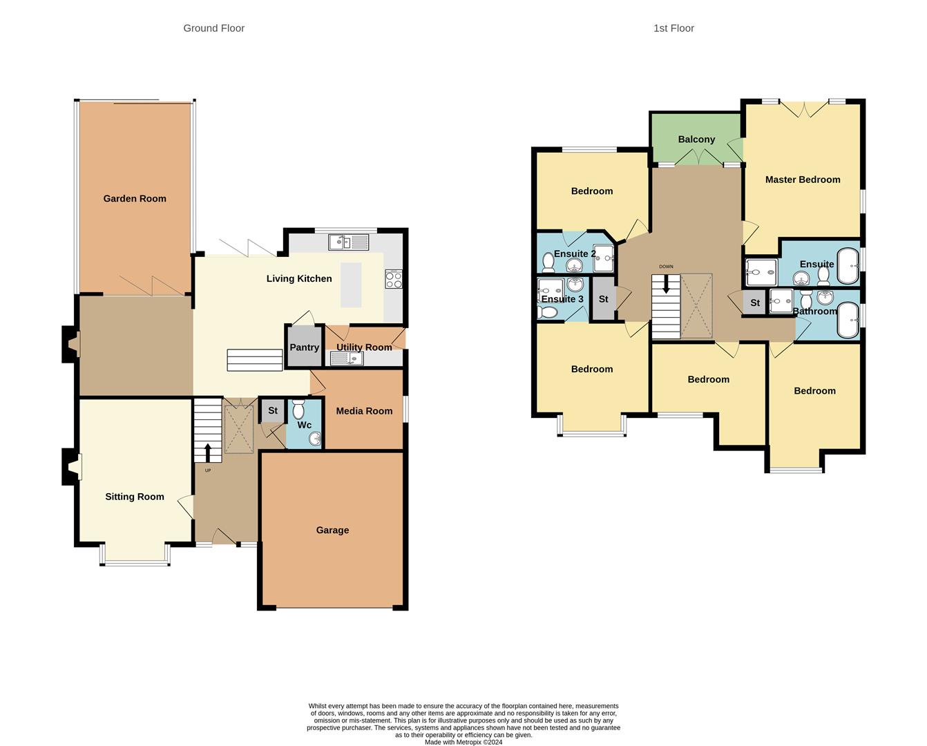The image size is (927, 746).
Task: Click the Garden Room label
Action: pos(135,199)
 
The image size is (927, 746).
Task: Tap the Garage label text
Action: pos(332,530)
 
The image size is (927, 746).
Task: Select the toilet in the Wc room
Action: pos(299,410)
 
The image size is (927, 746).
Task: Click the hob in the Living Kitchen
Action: pos(393,279)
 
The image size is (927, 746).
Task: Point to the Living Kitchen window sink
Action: pos(349,242)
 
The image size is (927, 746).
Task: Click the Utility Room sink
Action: pos(346,358)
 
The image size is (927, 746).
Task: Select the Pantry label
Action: pos(304,347)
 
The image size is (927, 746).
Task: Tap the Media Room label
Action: pos(364,411)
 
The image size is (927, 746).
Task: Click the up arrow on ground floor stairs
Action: pos(207,452)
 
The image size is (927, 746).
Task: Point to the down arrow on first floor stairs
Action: pos(666,285)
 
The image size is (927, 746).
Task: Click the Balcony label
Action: pos(696,140)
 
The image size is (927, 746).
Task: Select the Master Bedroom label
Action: pos(803,180)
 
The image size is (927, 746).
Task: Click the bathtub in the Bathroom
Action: pos(848,321)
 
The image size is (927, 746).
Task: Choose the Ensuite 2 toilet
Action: pos(548,262)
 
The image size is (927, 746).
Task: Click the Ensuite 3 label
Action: pos(562,299)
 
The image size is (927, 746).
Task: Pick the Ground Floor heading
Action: pos(213,28)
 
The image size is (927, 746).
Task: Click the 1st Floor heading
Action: pos(673,28)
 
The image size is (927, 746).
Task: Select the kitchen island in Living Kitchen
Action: pos(351,285)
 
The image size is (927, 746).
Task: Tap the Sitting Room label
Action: pos(135,497)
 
